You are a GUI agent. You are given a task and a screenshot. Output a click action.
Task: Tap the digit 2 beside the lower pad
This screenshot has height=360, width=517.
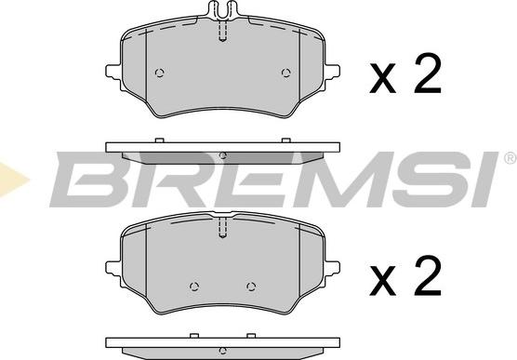427,275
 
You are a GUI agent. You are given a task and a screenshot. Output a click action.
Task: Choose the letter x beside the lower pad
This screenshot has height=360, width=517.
382,281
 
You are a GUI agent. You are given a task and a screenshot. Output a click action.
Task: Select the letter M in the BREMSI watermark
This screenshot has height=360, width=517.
319,180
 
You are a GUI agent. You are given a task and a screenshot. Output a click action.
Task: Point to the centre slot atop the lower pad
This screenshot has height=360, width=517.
221,227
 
